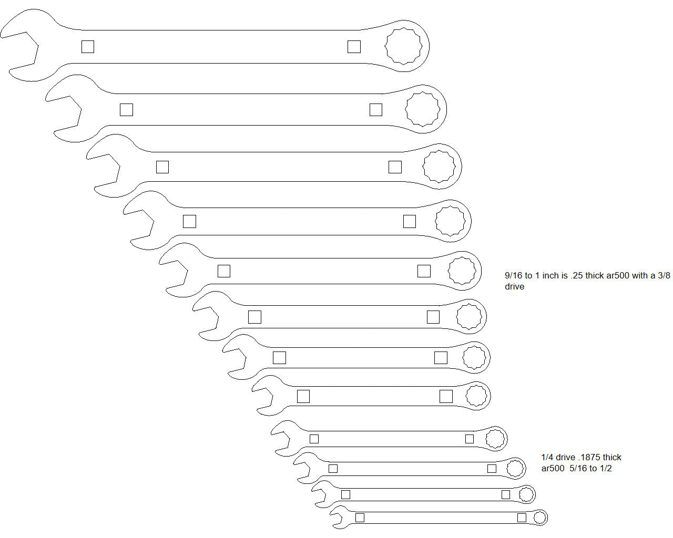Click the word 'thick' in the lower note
pyautogui.click(x=612, y=457)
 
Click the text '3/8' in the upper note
pyautogui.click(x=664, y=275)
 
